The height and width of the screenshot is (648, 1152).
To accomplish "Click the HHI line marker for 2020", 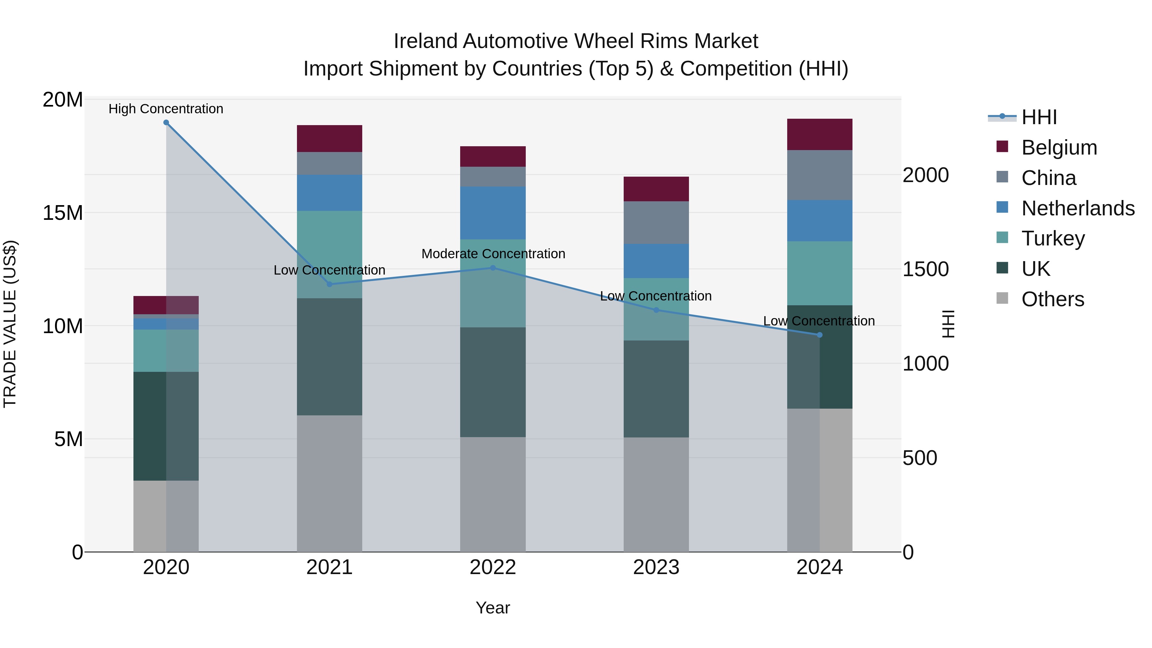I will (166, 123).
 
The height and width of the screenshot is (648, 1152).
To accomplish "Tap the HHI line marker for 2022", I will (493, 268).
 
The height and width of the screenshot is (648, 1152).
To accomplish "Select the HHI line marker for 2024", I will (819, 335).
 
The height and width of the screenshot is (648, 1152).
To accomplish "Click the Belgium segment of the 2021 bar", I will (329, 139).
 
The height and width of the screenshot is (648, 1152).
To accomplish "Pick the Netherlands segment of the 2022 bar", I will (493, 213).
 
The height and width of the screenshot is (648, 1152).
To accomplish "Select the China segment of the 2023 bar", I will (656, 223).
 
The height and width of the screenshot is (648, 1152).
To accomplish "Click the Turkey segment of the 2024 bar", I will (819, 273).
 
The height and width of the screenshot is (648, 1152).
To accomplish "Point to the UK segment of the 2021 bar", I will (329, 356).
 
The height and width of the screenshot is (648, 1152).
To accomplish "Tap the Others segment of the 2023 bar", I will (656, 494).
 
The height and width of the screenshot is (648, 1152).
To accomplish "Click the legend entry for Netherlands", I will (1078, 208).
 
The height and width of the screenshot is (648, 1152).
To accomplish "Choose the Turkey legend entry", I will (1053, 238).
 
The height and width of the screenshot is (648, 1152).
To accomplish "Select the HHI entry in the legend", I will (1039, 117).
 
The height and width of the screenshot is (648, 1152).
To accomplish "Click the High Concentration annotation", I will (166, 109).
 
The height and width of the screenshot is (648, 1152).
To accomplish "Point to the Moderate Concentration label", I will (493, 253).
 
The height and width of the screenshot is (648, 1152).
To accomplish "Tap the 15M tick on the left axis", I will (63, 213).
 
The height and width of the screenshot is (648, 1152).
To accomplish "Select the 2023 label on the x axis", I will (656, 567).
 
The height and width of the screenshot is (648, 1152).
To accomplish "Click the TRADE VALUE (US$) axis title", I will (10, 324).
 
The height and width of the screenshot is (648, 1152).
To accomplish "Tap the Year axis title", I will (493, 608).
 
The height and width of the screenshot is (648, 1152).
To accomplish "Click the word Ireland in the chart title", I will (425, 41).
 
